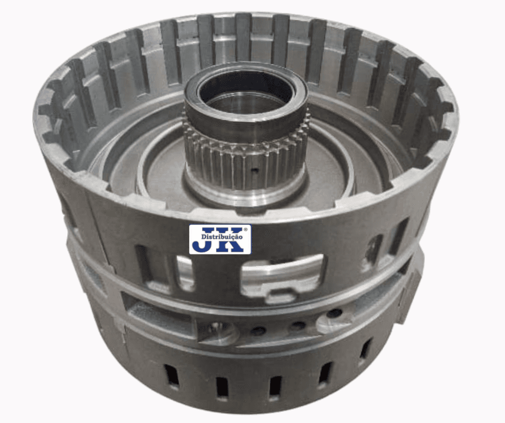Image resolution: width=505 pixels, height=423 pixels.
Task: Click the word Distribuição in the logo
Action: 221,237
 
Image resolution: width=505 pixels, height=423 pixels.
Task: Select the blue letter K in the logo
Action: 230,240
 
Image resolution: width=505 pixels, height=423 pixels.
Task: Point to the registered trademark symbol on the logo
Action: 246,230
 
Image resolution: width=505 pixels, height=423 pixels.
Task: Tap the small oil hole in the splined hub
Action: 255,170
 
